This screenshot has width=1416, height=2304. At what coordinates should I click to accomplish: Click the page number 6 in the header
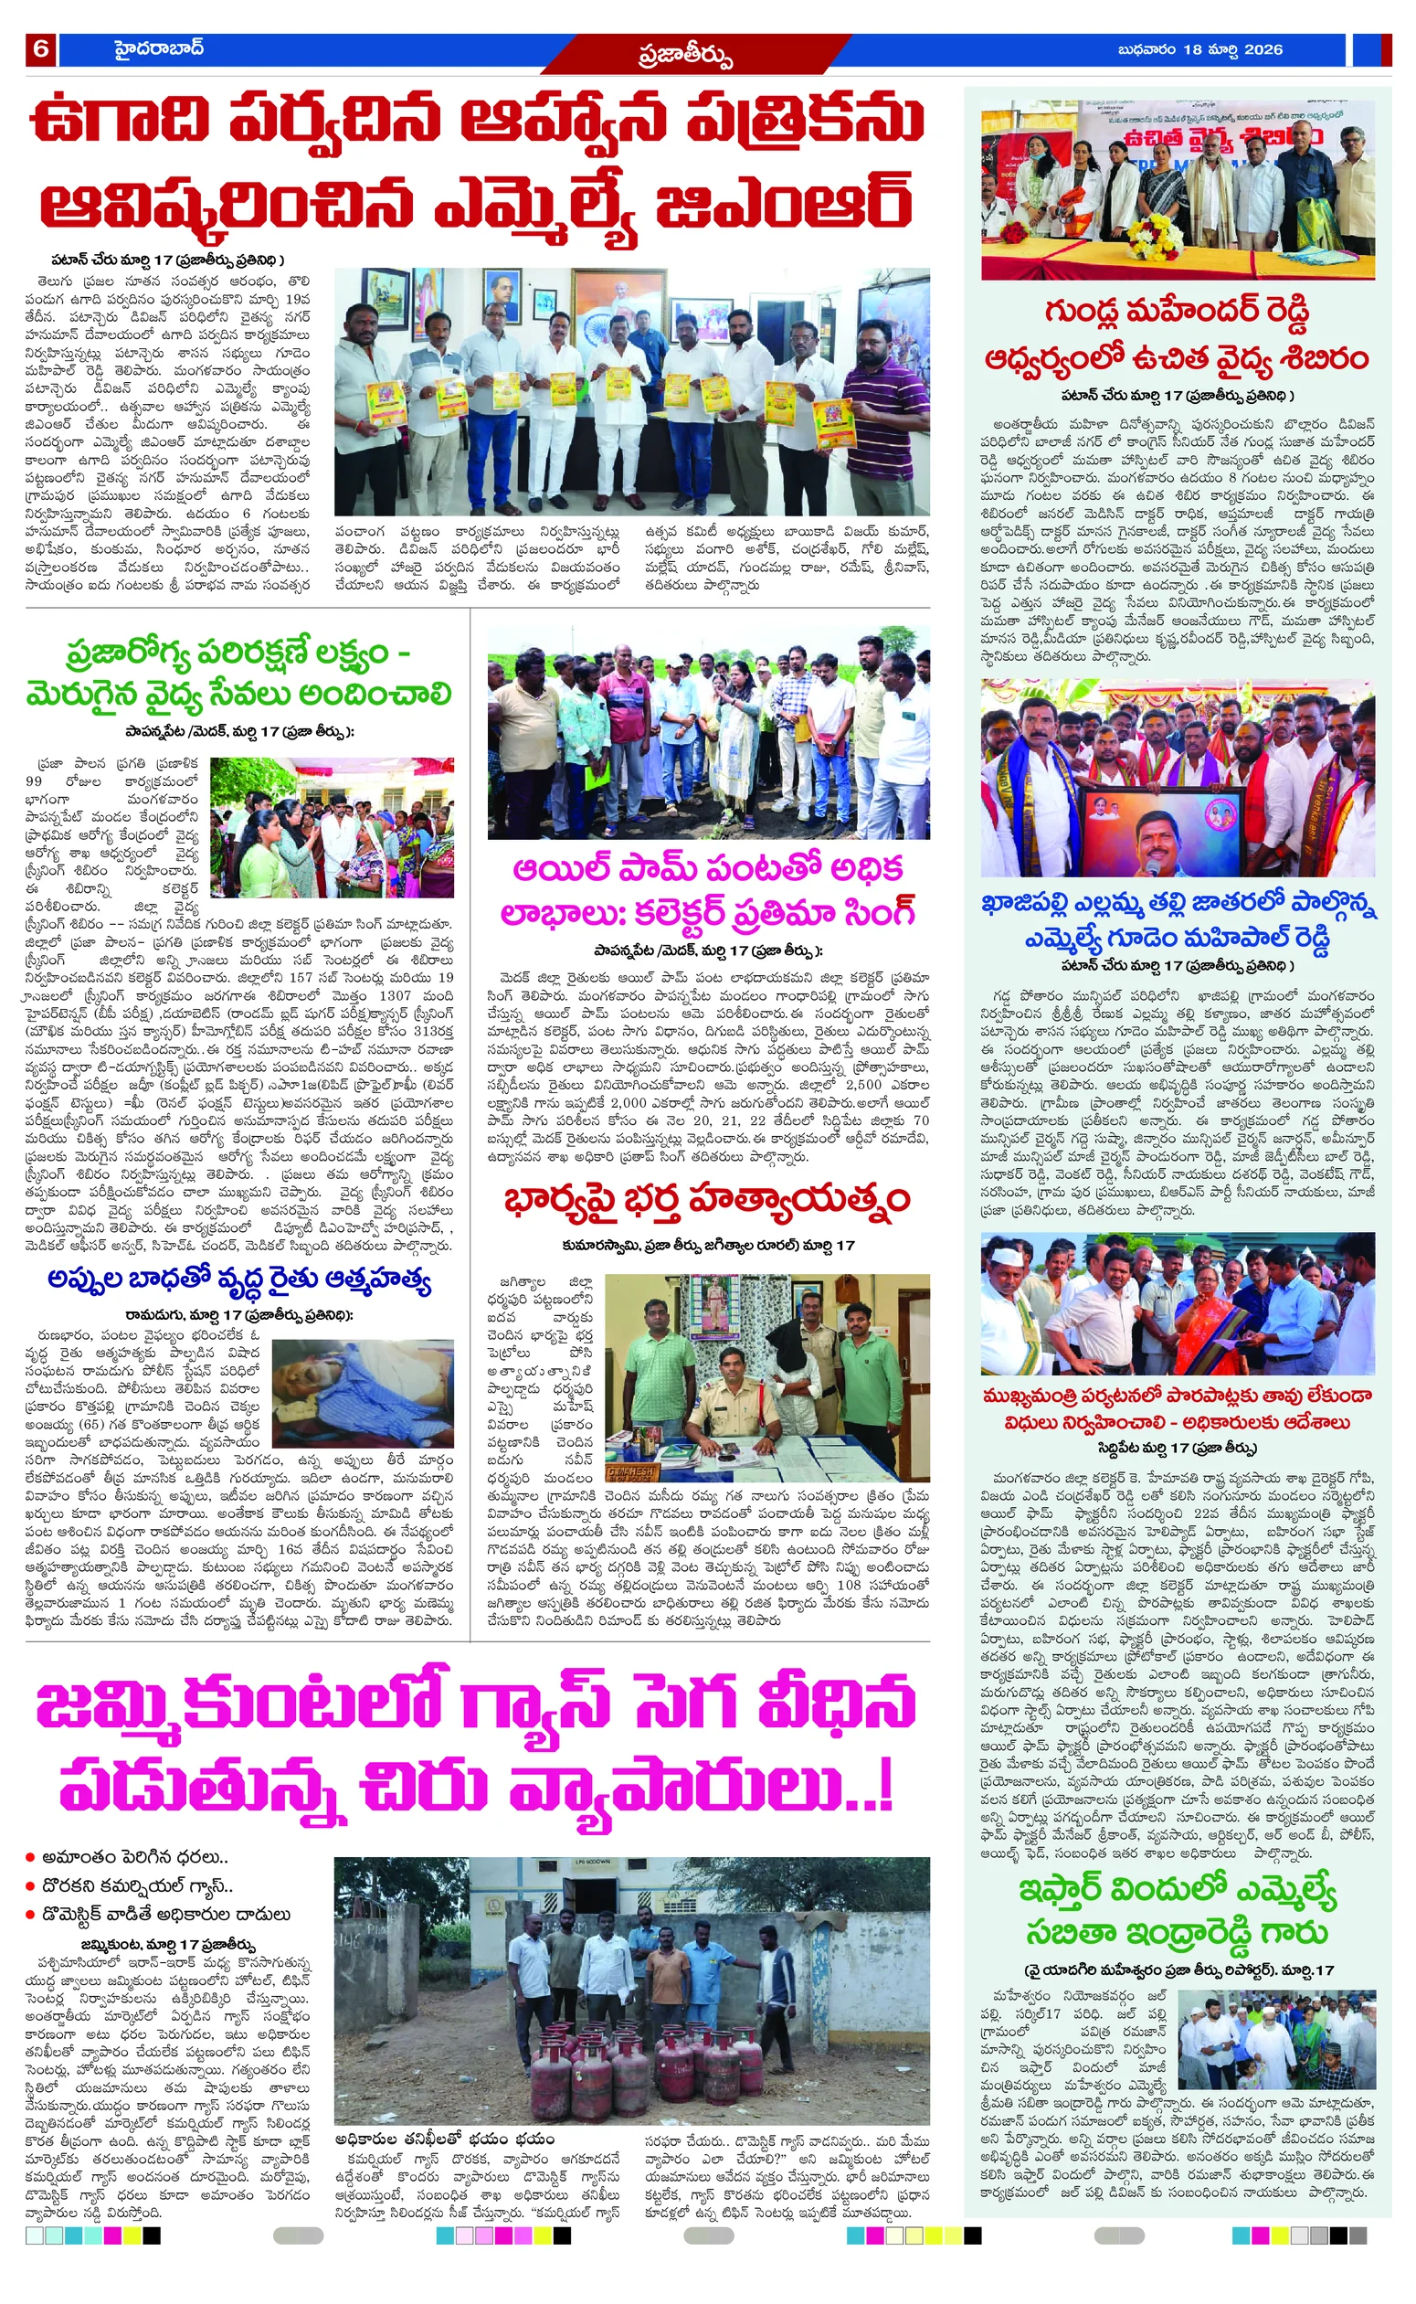click(40, 49)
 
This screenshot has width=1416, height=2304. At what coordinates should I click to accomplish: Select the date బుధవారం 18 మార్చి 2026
click(1199, 49)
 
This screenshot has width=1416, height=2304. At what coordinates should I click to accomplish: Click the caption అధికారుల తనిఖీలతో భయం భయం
click(445, 2140)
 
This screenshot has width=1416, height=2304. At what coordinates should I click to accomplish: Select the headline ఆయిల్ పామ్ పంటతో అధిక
click(708, 869)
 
